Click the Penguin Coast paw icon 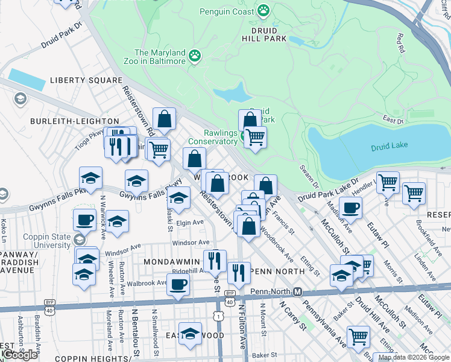click(x=263, y=10)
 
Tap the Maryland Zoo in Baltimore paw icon click(x=194, y=57)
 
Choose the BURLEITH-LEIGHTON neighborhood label click(x=66, y=121)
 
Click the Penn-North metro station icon click(x=297, y=291)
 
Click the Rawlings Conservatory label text click(x=213, y=137)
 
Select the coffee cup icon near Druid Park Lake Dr click(x=350, y=208)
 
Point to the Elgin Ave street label click(x=190, y=222)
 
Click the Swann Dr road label click(x=310, y=174)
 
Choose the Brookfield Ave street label click(x=426, y=232)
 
